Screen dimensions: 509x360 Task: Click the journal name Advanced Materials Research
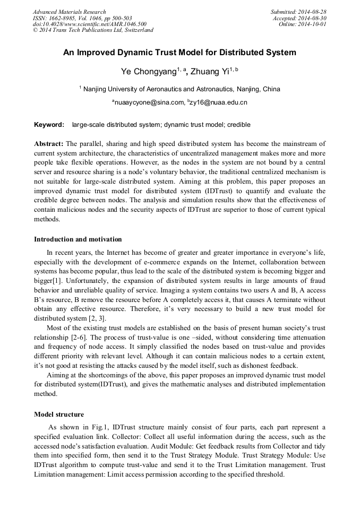point(69,12)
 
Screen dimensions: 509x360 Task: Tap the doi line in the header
point(89,24)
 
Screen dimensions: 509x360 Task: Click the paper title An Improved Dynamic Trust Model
point(179,53)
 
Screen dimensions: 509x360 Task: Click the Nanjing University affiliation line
point(181,89)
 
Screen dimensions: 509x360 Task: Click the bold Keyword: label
point(49,125)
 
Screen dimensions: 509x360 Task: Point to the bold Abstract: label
point(49,144)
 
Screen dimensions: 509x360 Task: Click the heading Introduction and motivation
point(78,239)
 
